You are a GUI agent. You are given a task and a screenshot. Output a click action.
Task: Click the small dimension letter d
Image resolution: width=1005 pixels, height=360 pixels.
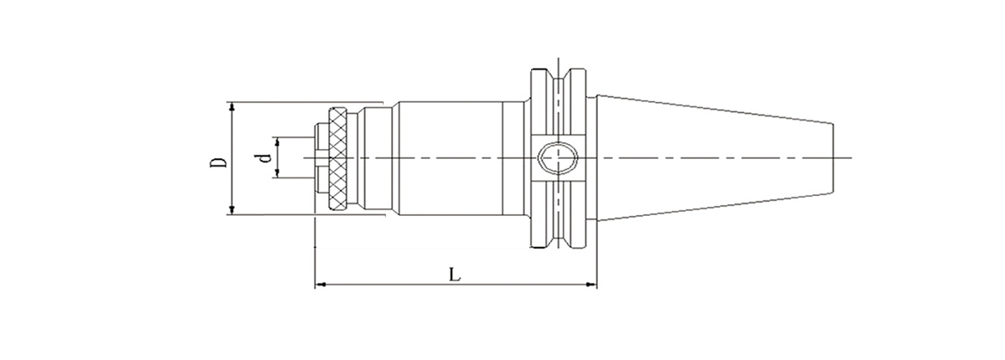[x=264, y=157]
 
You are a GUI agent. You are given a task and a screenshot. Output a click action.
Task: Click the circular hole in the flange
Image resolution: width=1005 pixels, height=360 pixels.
[x=555, y=157]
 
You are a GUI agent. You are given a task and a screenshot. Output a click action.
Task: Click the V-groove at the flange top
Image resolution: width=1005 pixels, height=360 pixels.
[x=562, y=75]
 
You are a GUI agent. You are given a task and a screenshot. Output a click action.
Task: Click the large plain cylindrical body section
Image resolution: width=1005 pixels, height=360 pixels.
[x=448, y=158]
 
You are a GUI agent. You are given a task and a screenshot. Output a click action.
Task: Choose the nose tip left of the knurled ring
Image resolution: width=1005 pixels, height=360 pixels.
[x=322, y=158]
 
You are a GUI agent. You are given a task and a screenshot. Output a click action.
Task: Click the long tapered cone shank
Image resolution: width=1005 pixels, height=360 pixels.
[x=712, y=158]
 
